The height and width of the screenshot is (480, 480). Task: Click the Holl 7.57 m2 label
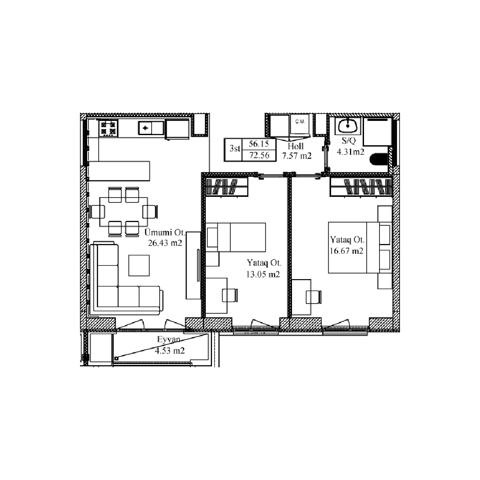pos(296,151)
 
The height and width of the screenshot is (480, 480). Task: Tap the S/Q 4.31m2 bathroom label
pos(350,146)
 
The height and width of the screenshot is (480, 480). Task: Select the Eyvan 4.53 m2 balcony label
pos(170,345)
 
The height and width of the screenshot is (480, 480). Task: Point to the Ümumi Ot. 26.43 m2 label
pos(165,237)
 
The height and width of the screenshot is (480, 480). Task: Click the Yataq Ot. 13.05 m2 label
pos(264,268)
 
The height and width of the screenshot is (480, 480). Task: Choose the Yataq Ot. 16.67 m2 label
pos(347,245)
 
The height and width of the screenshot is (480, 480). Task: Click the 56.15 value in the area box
pos(259,144)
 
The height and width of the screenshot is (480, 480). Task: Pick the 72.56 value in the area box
pos(259,156)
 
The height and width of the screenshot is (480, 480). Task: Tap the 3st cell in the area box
pos(235,148)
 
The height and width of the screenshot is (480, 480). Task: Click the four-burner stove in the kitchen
pos(108,128)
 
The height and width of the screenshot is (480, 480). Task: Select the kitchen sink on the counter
pos(151,128)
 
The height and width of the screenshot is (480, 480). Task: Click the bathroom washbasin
pos(348,125)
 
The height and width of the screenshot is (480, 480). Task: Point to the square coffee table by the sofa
pos(139,265)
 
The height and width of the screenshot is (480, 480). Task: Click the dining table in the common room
pos(124,212)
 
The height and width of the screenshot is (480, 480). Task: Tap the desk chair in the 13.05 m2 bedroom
pos(230,296)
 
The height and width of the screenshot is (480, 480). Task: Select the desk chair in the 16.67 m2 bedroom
pos(314,297)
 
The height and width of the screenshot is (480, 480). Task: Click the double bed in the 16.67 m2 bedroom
pos(360,248)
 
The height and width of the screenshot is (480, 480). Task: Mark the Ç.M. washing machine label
pos(300,121)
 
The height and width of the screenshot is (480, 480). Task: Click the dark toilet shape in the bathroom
pos(379,159)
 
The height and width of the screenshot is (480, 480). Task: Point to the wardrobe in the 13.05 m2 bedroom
pos(227,187)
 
